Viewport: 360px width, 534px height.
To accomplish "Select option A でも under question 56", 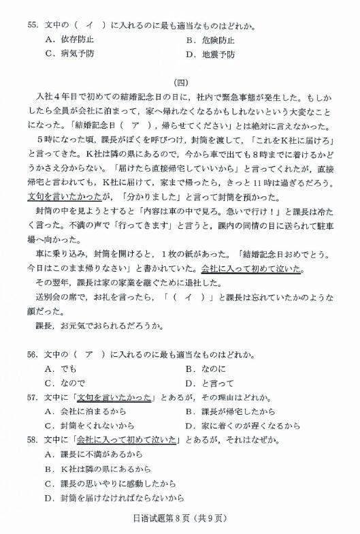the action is pyautogui.click(x=61, y=368).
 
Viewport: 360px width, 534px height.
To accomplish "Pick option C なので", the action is pyautogui.click(x=65, y=383).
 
